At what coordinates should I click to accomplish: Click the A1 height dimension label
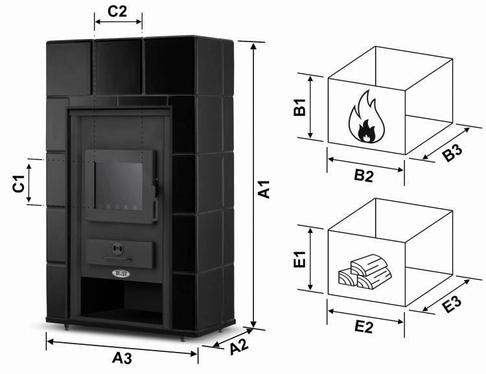tap(264, 189)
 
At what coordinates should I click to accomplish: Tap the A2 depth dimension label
tap(239, 347)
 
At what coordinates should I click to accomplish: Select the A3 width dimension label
tap(122, 358)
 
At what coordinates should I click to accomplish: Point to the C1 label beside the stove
tap(19, 183)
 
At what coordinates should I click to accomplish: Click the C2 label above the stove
tap(117, 12)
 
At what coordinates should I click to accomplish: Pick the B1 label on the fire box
tap(299, 107)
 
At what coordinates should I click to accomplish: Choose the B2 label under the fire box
tap(364, 176)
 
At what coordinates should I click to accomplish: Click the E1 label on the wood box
tap(299, 259)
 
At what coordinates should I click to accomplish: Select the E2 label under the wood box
tap(364, 327)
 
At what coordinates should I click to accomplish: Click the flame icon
tap(367, 117)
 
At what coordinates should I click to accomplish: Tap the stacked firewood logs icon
tap(365, 272)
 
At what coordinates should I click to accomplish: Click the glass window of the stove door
tap(119, 186)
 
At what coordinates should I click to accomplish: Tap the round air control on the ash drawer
tap(118, 248)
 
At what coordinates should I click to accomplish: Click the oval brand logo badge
tap(122, 274)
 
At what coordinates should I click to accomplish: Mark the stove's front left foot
tap(67, 327)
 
